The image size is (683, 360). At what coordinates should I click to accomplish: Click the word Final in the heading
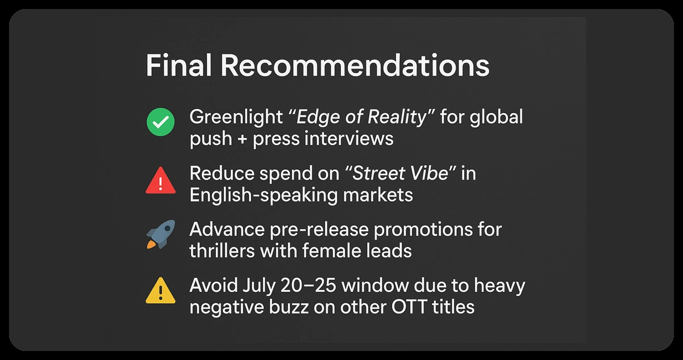(x=178, y=65)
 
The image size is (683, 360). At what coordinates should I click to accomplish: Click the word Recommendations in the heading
(x=355, y=65)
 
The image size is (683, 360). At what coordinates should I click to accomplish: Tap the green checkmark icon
(x=161, y=122)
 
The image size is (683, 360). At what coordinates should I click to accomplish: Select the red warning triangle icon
(x=161, y=180)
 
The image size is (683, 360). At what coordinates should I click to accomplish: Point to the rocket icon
(x=161, y=234)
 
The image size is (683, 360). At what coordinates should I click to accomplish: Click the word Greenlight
(x=236, y=118)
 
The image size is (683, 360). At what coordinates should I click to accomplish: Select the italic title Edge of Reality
(x=361, y=118)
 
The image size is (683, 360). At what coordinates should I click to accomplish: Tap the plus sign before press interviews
(x=243, y=139)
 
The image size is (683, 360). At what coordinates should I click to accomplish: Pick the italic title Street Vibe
(x=400, y=173)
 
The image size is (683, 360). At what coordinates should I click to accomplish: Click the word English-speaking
(x=264, y=195)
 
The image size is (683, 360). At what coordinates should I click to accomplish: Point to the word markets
(x=378, y=195)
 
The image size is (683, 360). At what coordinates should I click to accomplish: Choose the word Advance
(x=227, y=229)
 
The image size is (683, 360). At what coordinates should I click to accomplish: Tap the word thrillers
(x=222, y=251)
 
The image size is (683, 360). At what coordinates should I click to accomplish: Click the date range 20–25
(x=309, y=286)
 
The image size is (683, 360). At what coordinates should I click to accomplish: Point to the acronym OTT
(x=409, y=307)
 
